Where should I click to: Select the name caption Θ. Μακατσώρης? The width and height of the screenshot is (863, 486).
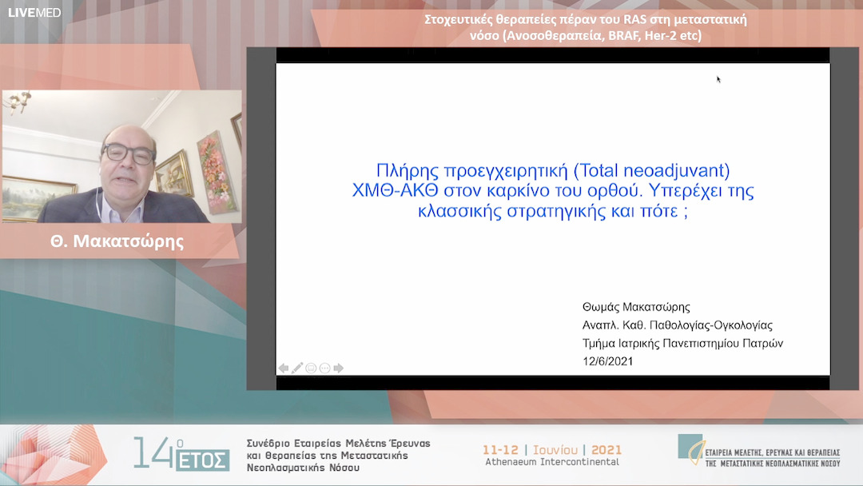click(117, 241)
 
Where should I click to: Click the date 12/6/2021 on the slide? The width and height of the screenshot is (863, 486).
click(610, 361)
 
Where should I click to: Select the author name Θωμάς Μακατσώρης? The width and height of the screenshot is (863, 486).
click(636, 307)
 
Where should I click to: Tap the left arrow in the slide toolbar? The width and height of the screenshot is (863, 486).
click(284, 368)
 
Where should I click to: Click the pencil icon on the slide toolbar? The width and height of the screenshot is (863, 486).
click(297, 368)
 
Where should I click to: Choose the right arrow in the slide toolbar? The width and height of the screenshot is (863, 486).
click(338, 368)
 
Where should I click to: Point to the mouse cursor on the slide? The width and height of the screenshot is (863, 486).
click(718, 79)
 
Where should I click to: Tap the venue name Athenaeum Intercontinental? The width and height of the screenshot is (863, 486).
click(551, 462)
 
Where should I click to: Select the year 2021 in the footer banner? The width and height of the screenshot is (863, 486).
click(606, 449)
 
